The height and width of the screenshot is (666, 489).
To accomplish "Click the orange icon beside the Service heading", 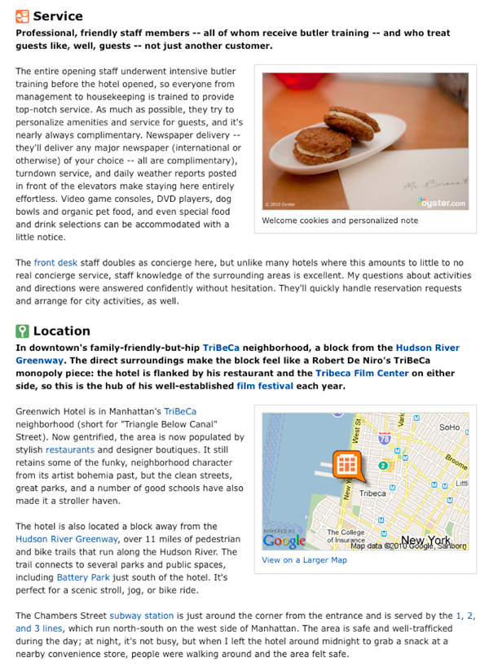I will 23,15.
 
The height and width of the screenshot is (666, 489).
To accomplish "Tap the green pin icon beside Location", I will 23,331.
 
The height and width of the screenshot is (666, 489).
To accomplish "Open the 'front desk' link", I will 55,263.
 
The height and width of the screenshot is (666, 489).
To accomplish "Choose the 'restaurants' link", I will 69,449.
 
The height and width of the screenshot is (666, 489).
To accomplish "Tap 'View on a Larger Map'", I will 304,560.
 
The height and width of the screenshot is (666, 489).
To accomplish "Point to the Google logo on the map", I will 284,540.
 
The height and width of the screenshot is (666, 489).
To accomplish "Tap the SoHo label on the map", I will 449,426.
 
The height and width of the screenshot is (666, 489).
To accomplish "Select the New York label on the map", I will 425,540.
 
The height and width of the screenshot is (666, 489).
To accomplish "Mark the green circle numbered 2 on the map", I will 381,466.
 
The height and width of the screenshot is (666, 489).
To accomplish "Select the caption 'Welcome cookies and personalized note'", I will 340,220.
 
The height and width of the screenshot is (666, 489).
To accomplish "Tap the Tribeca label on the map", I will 372,493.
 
